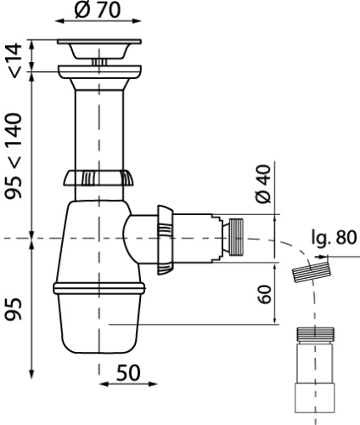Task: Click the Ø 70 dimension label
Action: pyautogui.click(x=98, y=9)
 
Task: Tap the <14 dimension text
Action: pyautogui.click(x=16, y=60)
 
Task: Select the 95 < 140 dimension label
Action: pyautogui.click(x=14, y=156)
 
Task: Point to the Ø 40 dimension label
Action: pyautogui.click(x=263, y=184)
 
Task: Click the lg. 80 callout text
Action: pyautogui.click(x=334, y=237)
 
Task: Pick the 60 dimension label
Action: pyautogui.click(x=265, y=294)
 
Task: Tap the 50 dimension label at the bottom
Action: pyautogui.click(x=128, y=372)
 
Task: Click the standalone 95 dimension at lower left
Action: pyautogui.click(x=14, y=309)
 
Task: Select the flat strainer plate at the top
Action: pyautogui.click(x=99, y=42)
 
